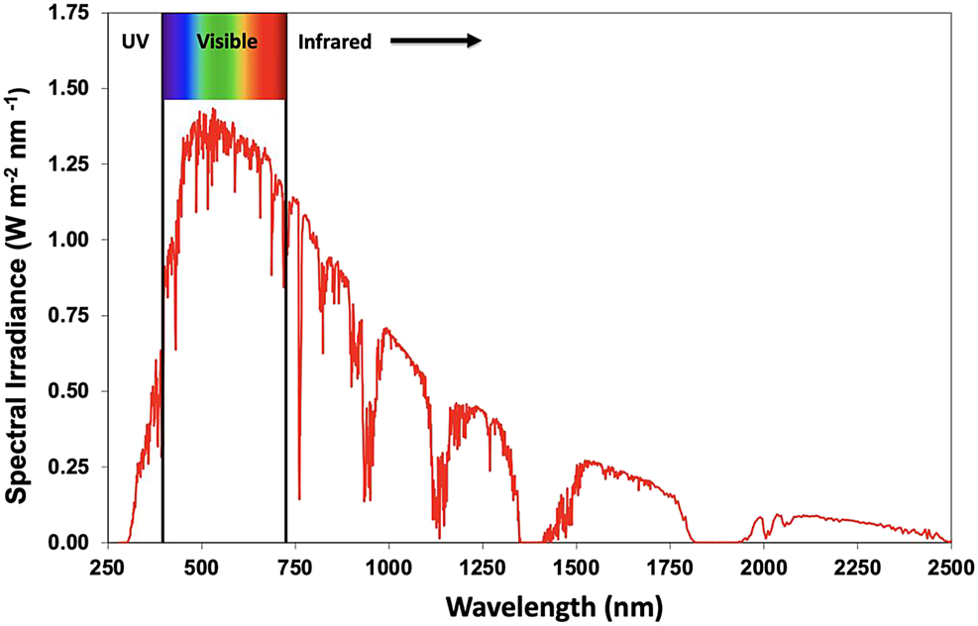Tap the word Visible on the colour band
227,42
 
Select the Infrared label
335,42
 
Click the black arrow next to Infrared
435,42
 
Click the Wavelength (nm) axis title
553,603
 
